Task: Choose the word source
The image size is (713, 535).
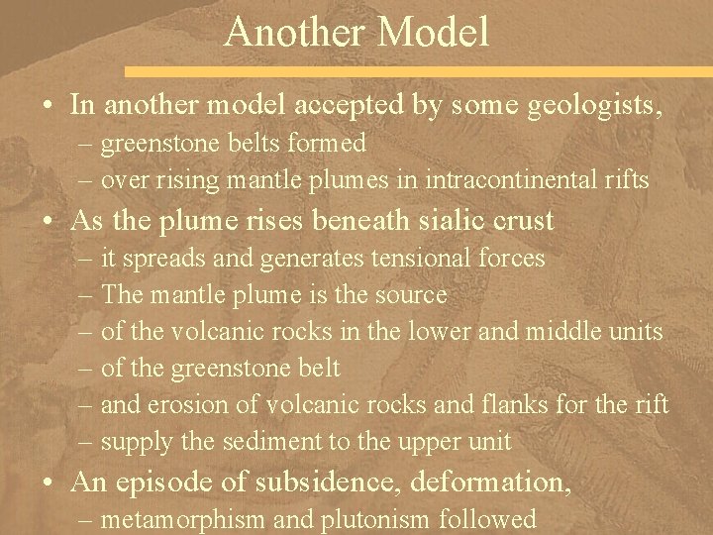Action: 407,295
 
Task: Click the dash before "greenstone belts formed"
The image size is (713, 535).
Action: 81,145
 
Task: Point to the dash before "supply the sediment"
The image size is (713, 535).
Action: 81,442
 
